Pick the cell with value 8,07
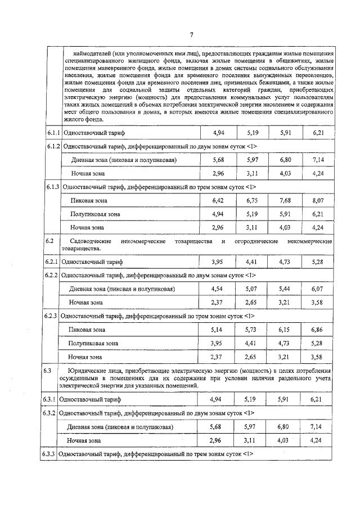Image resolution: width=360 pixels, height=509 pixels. coord(318,200)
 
